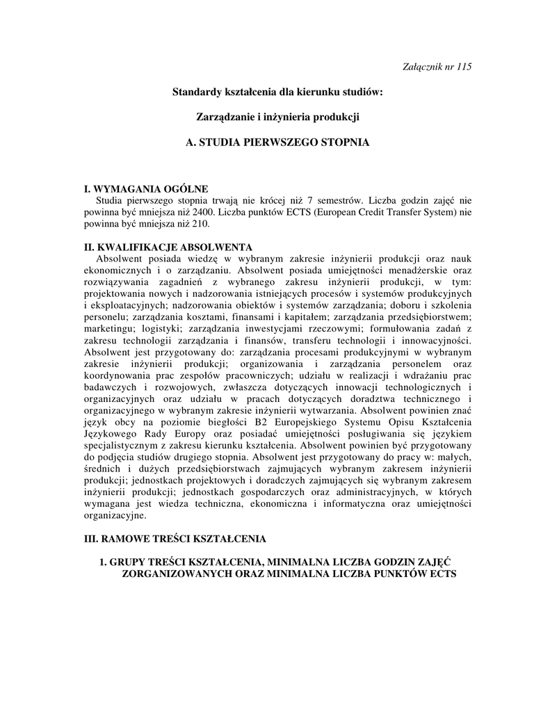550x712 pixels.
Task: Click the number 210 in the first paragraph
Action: (198, 224)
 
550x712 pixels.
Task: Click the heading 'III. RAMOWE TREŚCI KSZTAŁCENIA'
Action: (174, 539)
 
